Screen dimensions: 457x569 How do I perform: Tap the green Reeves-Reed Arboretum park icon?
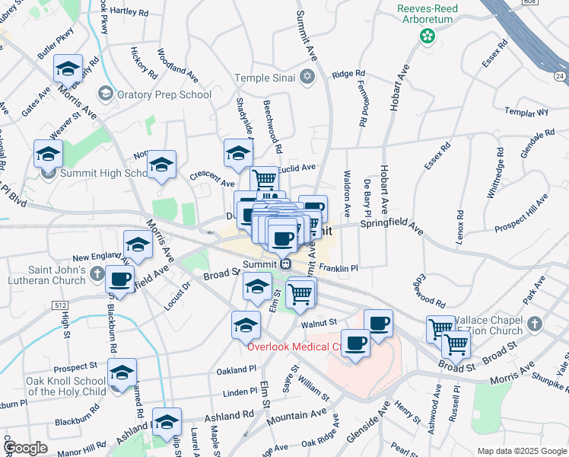pyautogui.click(x=428, y=35)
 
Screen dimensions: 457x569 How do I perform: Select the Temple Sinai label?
pyautogui.click(x=264, y=77)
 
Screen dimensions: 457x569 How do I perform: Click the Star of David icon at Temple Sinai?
pyautogui.click(x=307, y=77)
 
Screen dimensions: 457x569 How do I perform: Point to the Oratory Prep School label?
pyautogui.click(x=163, y=94)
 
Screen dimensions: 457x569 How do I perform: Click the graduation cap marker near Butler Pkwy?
pyautogui.click(x=68, y=70)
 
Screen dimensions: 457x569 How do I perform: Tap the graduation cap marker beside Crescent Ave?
pyautogui.click(x=161, y=166)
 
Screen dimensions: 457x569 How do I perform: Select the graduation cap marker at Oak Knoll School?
pyautogui.click(x=121, y=373)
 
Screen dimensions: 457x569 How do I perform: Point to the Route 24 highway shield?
pyautogui.click(x=560, y=76)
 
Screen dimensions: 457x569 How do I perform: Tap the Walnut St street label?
pyautogui.click(x=319, y=323)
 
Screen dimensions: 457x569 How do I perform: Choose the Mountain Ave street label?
pyautogui.click(x=296, y=417)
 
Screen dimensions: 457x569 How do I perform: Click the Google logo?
pyautogui.click(x=25, y=448)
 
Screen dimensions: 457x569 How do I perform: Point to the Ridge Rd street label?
pyautogui.click(x=349, y=74)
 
